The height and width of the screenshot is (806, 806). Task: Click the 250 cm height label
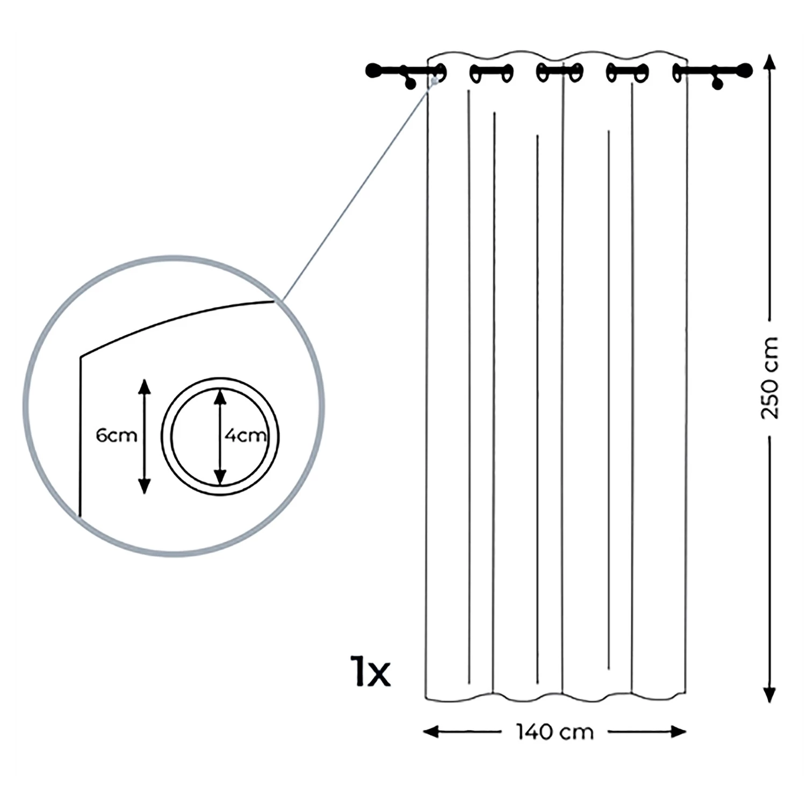tap(769, 378)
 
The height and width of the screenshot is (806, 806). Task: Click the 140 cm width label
tap(555, 732)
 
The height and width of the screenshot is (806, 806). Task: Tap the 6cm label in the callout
tap(116, 435)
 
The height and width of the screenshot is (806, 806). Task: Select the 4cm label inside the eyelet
tap(246, 435)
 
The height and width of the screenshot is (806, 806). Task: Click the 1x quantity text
tap(370, 671)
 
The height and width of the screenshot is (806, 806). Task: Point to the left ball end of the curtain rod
tap(372, 70)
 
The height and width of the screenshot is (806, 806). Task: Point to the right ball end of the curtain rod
tap(745, 70)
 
